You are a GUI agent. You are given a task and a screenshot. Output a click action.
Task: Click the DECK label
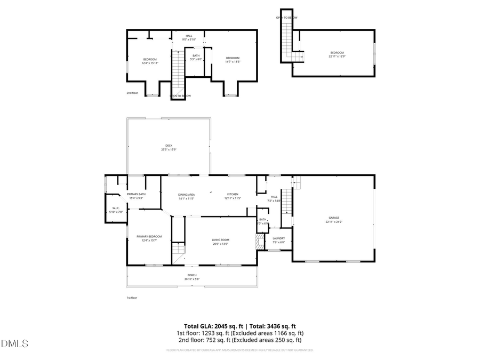169,146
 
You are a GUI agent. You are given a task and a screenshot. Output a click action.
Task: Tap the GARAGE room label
334,218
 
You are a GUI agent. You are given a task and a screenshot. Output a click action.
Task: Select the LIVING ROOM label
220,240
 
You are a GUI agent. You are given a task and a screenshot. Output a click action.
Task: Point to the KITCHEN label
233,194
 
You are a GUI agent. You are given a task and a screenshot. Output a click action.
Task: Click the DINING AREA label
186,194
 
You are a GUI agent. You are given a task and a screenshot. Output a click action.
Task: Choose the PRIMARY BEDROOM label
149,236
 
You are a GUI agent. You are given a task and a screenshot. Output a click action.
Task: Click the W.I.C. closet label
116,208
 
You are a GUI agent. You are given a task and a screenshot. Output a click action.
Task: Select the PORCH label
191,275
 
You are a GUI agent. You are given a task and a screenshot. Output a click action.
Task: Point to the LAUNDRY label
278,238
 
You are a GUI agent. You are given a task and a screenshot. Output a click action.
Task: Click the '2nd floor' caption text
132,93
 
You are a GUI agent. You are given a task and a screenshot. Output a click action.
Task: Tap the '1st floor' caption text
132,298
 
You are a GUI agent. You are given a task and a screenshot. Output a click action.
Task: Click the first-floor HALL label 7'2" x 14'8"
274,197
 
